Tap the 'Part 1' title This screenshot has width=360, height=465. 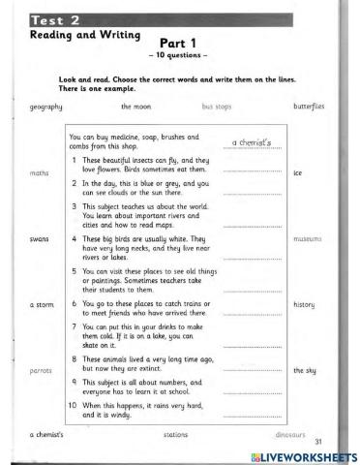pyautogui.click(x=173, y=44)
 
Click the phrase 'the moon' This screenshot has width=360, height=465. pyautogui.click(x=135, y=106)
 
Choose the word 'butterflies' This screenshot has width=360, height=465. pyautogui.click(x=308, y=106)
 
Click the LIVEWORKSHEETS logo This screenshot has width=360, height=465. pyautogui.click(x=303, y=455)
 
